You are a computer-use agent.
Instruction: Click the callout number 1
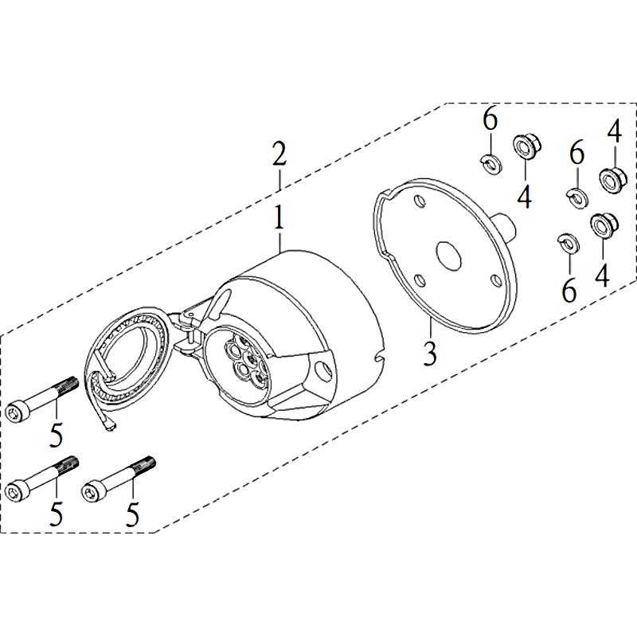point(279,217)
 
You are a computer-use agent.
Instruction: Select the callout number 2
point(279,154)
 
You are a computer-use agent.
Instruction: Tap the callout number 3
point(430,353)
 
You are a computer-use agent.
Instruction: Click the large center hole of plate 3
point(448,256)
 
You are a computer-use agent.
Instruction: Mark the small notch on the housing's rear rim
point(379,358)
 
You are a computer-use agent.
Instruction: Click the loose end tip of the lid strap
point(111,427)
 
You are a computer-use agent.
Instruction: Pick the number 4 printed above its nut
point(615,131)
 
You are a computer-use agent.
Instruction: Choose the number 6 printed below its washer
point(569,291)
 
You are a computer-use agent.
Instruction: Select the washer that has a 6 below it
point(569,243)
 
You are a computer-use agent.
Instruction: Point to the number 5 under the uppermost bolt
point(56,435)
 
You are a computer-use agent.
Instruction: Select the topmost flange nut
point(527,147)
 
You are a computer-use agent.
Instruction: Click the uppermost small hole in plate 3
point(419,201)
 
